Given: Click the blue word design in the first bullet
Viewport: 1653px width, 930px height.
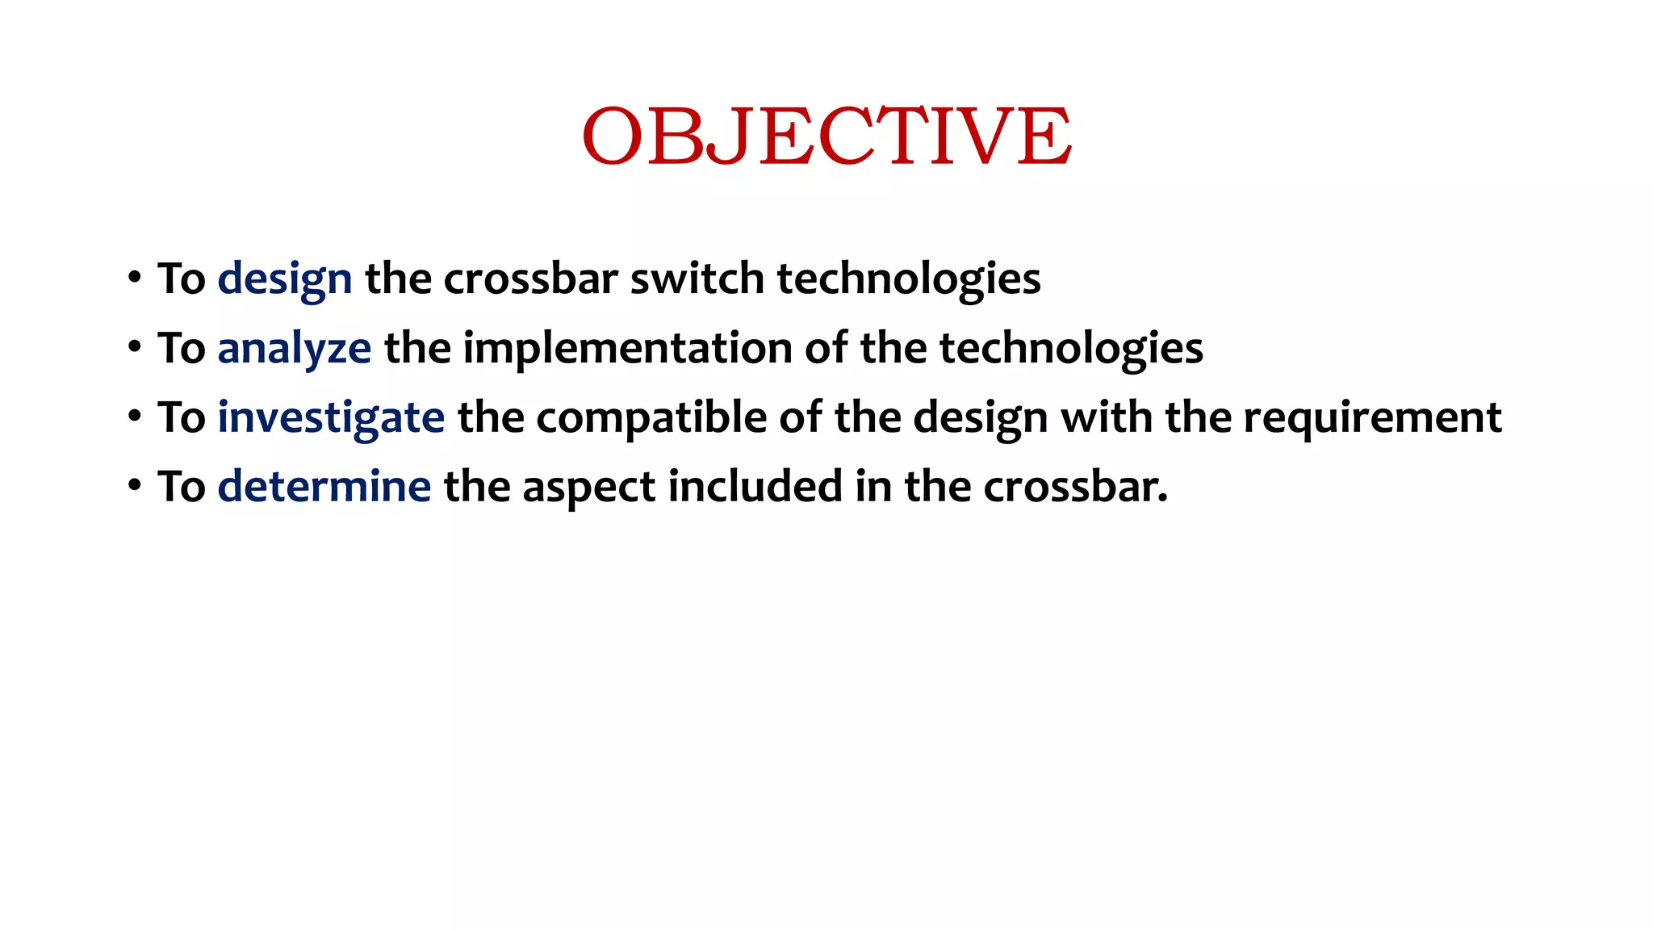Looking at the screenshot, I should coord(284,279).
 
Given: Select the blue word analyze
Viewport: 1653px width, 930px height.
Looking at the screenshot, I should coord(294,349).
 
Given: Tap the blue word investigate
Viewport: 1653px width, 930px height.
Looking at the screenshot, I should coord(330,418).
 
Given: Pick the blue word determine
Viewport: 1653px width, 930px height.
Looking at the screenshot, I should coord(324,487).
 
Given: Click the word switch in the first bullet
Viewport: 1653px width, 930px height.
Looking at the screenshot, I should coord(697,279).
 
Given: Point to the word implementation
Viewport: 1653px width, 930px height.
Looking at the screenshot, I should coord(627,348).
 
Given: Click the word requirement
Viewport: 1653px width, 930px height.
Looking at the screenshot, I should coord(1372,418).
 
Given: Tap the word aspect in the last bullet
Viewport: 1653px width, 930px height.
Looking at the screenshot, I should coord(588,488).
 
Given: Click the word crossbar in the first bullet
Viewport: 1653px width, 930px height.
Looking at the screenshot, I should coord(530,279).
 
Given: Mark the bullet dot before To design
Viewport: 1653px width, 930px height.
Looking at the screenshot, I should coord(135,279).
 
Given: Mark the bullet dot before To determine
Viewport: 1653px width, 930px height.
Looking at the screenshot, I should coord(135,486).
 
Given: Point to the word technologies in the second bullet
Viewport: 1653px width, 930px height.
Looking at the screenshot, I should coord(1071,349).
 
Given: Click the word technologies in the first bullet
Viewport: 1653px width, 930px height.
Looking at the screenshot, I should coord(908,279).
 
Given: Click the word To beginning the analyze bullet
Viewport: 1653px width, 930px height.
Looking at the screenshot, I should coord(182,349).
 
